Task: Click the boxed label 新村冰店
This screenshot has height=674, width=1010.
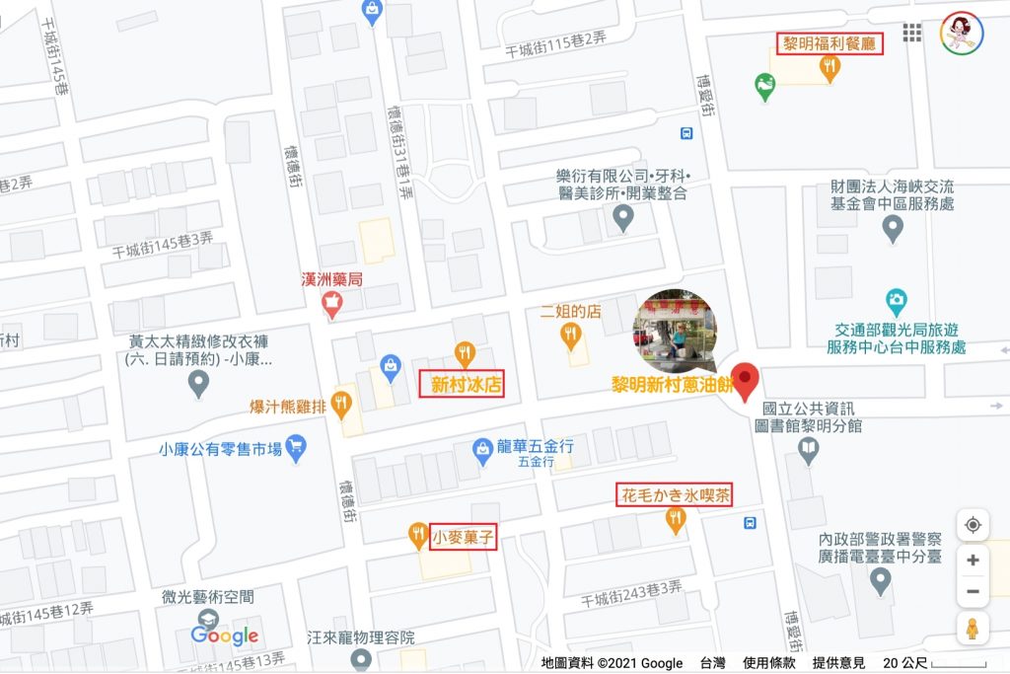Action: [x=462, y=384]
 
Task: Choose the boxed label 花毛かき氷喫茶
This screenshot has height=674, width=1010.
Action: [x=676, y=494]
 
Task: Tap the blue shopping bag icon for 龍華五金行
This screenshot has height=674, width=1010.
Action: [x=483, y=450]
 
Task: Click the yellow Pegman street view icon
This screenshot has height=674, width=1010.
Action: [x=973, y=629]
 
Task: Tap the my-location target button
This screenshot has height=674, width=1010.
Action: [x=973, y=525]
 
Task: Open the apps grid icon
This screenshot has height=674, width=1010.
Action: [x=912, y=34]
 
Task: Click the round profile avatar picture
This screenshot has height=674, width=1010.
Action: [x=959, y=33]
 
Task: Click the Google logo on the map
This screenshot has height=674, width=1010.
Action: [x=225, y=637]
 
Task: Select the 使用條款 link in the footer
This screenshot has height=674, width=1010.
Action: [x=769, y=663]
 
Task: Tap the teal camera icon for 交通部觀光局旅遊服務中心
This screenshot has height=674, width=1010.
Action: [x=897, y=299]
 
